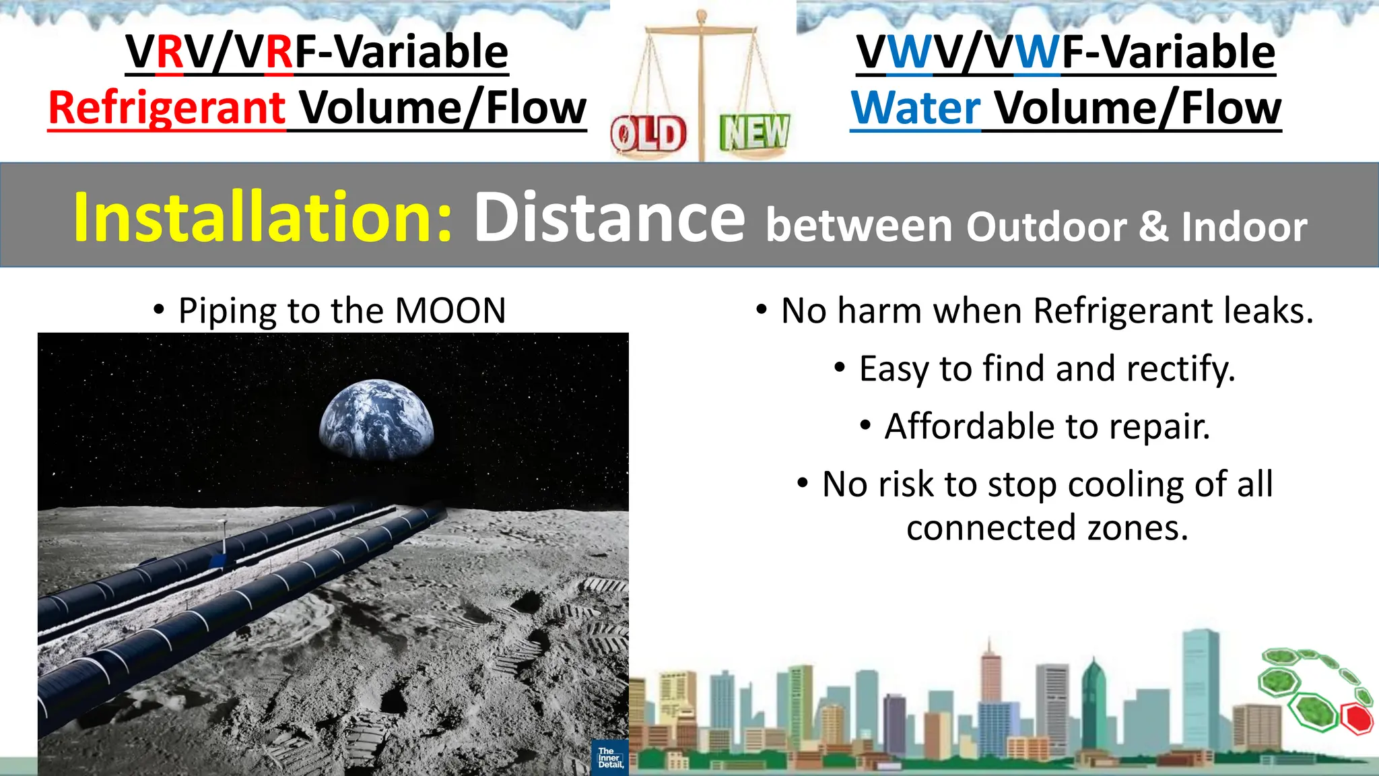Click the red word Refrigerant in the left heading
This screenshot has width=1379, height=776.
pyautogui.click(x=167, y=108)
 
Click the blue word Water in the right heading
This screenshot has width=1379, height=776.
pyautogui.click(x=916, y=108)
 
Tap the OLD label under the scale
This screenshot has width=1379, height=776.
pyautogui.click(x=648, y=135)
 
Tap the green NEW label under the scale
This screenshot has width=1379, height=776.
pyautogui.click(x=754, y=132)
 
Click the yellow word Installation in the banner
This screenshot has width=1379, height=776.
pyautogui.click(x=263, y=217)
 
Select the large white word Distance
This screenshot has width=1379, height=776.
pyautogui.click(x=609, y=217)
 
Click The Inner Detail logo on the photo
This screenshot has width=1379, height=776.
pyautogui.click(x=610, y=757)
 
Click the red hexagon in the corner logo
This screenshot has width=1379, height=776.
pyautogui.click(x=1356, y=719)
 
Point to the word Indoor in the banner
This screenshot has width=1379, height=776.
pyautogui.click(x=1244, y=228)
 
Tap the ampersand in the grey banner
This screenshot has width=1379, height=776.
pyautogui.click(x=1153, y=228)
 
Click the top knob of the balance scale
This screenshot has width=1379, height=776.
pyautogui.click(x=701, y=13)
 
